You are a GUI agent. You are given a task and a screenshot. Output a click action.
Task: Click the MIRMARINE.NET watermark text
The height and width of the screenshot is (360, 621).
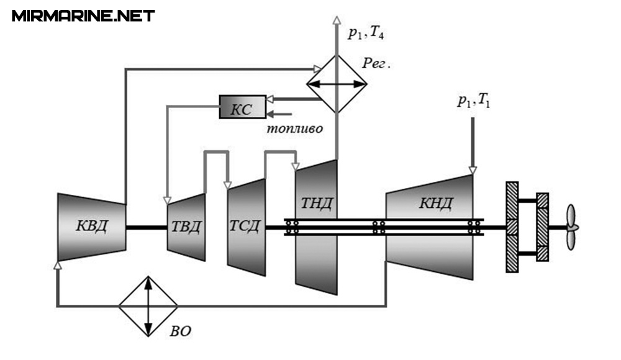coord(83,16)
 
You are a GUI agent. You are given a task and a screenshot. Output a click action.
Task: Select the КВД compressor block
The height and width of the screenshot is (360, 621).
coord(91,227)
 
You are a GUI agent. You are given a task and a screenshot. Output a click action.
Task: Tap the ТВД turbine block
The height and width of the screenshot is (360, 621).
coord(186,227)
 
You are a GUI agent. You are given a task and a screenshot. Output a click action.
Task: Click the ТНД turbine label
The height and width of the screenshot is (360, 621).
coord(316,203)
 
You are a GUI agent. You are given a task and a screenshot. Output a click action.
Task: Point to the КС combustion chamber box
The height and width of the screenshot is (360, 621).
coord(242,107)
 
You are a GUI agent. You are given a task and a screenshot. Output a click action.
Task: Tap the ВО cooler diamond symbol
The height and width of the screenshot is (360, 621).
coord(148,306)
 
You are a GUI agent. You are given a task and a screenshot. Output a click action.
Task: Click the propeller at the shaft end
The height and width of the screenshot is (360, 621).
coord(571,227)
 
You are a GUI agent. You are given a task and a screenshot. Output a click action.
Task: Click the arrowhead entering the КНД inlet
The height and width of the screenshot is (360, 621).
coord(472,169)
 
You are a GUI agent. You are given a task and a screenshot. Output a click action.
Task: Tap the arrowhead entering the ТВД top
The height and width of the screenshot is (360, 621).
coord(166,199)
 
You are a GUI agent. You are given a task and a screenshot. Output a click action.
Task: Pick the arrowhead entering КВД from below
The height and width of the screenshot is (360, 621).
coord(58,265)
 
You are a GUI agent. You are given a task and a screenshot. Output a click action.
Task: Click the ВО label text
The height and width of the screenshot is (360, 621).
coord(180,331)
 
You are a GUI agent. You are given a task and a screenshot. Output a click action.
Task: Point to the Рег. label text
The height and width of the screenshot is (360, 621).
coord(377,63)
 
